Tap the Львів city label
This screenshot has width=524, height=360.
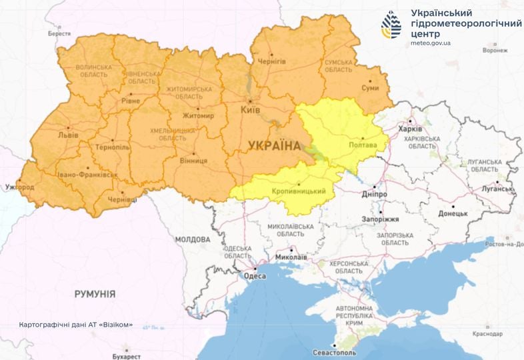point(67,135)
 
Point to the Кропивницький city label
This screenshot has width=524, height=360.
point(299,192)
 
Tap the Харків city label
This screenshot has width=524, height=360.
point(409,129)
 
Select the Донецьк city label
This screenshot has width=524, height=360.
point(453,214)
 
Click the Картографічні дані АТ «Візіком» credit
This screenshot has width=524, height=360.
point(76,325)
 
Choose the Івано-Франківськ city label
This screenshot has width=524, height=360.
point(87,175)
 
